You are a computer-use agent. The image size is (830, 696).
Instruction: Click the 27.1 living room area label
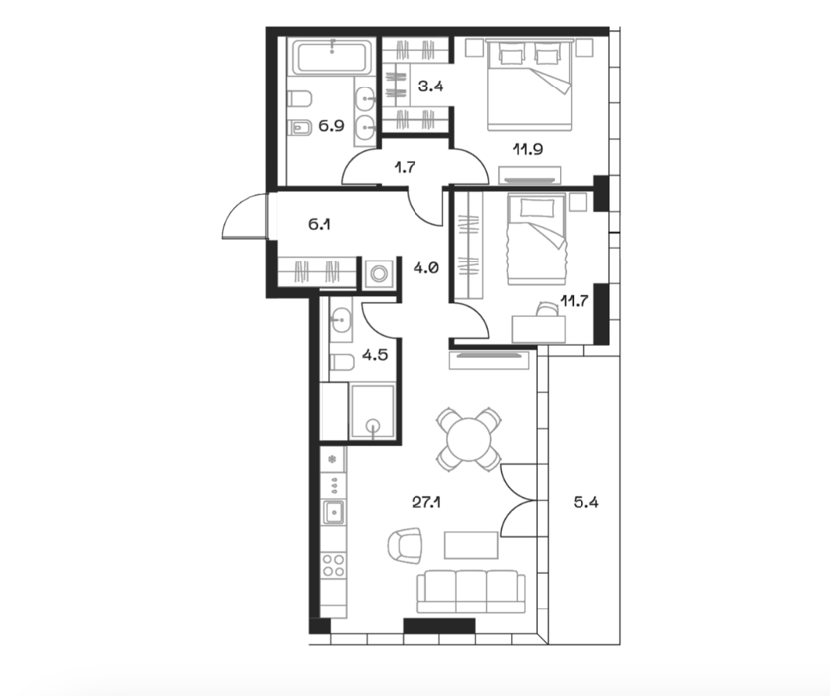(426, 502)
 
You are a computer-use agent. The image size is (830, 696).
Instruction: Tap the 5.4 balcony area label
(586, 502)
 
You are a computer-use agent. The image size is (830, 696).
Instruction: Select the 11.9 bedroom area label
(527, 149)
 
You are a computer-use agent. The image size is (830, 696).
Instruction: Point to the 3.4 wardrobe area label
(430, 86)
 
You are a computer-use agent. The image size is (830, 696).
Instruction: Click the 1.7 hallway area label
(405, 168)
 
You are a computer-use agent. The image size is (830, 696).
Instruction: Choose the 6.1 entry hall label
(319, 224)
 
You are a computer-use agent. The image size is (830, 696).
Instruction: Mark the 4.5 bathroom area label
(374, 354)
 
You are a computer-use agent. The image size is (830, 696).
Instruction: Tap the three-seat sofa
(471, 592)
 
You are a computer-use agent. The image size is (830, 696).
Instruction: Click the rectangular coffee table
(471, 545)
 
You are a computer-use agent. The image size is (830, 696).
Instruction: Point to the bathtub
(332, 59)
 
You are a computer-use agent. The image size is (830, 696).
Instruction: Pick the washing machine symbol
(379, 273)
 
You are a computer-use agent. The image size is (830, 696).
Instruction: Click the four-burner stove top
(334, 564)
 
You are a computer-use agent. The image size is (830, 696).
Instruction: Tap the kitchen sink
(333, 512)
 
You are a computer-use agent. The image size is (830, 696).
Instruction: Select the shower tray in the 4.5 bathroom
(372, 412)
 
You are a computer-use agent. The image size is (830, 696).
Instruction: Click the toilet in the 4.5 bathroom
(341, 362)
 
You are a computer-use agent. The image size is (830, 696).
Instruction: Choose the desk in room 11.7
(539, 329)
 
